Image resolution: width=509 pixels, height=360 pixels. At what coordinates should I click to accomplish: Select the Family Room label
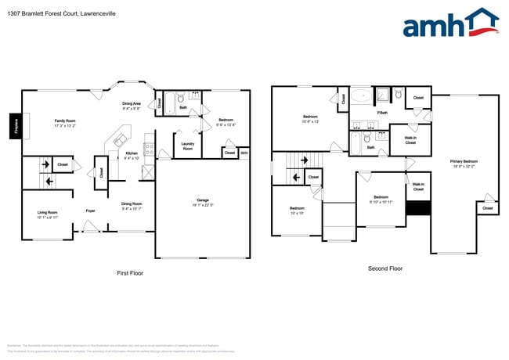click(x=65, y=123)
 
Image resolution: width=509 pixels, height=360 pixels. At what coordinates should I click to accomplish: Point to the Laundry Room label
click(x=188, y=146)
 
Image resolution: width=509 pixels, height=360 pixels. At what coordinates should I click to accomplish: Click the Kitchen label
click(x=132, y=155)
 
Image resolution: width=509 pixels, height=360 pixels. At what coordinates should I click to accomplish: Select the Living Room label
click(x=49, y=214)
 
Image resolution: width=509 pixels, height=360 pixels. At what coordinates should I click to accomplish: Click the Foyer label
click(x=91, y=210)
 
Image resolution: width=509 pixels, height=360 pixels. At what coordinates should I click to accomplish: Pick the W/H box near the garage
click(x=244, y=153)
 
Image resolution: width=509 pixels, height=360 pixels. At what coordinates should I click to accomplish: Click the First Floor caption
click(x=130, y=273)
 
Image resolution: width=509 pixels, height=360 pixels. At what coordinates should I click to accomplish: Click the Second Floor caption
click(x=384, y=268)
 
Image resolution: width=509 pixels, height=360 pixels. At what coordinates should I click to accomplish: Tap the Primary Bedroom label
click(x=464, y=164)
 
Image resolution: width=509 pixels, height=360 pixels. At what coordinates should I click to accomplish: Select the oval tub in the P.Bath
click(x=361, y=96)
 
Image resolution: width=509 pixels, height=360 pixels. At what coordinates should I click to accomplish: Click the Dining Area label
click(x=132, y=106)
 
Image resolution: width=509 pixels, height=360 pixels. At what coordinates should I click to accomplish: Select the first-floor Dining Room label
click(x=131, y=206)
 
